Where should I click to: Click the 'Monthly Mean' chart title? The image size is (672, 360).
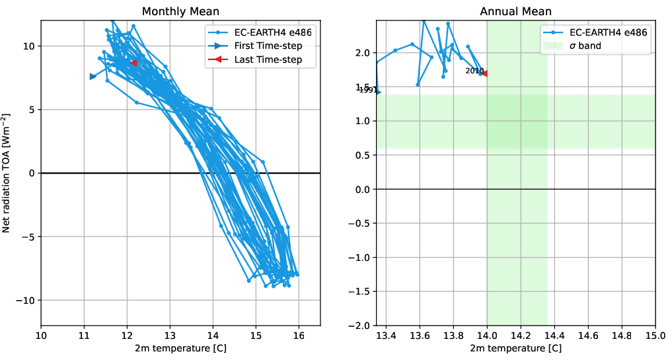[x=180, y=11]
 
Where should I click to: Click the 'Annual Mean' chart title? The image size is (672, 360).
[x=515, y=11]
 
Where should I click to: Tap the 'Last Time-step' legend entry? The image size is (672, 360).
[x=268, y=59]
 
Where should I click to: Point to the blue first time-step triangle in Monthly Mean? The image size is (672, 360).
[x=93, y=77]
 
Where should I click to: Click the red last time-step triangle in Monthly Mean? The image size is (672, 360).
[x=133, y=63]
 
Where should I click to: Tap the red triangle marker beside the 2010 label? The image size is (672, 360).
[x=484, y=73]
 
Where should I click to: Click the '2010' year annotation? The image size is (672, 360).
[x=474, y=71]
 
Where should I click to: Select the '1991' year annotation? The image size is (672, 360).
[x=367, y=90]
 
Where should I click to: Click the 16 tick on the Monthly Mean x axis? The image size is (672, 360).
[x=299, y=336]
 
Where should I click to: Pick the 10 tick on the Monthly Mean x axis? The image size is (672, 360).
[x=41, y=336]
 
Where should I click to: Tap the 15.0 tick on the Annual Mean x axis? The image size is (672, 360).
[x=655, y=336]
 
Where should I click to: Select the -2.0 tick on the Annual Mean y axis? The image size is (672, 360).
[x=360, y=326]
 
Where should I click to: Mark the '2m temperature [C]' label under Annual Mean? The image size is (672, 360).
[x=515, y=349]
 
